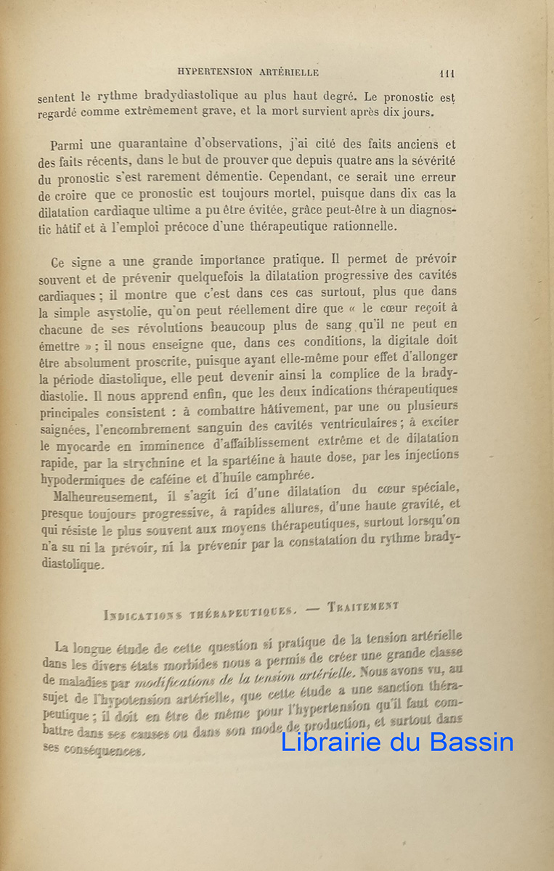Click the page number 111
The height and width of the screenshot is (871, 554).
click(447, 73)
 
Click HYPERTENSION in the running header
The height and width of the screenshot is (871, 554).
click(213, 72)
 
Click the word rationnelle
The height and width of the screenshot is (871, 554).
click(357, 226)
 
